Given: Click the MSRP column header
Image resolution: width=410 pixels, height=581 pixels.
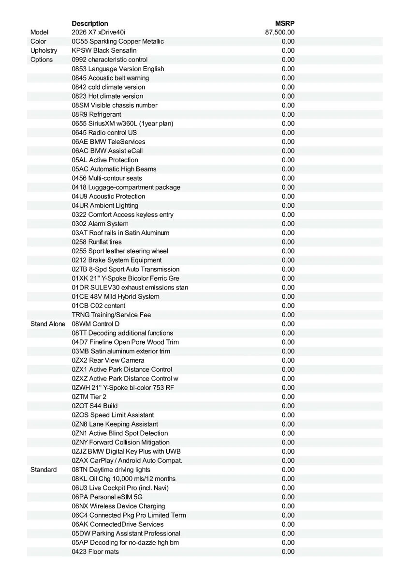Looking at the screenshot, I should [x=285, y=23].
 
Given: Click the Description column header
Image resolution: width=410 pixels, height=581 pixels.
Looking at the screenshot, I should [x=90, y=23].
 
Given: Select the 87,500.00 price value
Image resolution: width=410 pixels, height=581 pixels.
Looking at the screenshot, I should [x=280, y=32].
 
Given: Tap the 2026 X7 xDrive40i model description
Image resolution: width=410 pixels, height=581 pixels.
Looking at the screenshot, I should [x=98, y=32].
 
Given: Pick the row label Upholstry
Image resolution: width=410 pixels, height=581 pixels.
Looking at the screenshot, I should [x=44, y=50].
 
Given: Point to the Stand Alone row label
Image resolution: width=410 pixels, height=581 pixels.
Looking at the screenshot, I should [x=48, y=324].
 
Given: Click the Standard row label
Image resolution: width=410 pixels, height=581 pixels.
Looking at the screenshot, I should [x=44, y=470].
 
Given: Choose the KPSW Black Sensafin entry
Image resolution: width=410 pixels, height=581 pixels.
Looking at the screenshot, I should [x=104, y=50].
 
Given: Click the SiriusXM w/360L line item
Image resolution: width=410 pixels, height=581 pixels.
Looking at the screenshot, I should [x=122, y=123].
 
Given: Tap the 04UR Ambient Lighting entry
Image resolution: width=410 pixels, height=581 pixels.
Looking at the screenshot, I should [x=105, y=205].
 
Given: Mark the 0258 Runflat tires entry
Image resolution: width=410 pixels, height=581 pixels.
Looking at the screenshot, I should [x=97, y=242].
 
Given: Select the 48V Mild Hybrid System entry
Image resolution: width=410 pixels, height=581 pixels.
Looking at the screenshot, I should [x=116, y=297].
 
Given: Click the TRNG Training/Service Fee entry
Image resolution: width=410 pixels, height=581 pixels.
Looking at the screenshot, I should [x=111, y=315].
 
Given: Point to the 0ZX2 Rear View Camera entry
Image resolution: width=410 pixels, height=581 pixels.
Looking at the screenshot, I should [x=108, y=360].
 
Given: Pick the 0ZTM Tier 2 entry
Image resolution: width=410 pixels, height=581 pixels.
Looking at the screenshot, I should [x=89, y=397].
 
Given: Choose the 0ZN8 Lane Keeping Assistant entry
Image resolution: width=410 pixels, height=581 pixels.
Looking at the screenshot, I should [x=115, y=424].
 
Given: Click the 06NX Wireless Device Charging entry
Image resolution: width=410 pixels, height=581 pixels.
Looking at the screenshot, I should [x=118, y=506].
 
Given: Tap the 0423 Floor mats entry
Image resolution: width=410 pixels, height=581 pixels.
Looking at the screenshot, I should [x=95, y=551].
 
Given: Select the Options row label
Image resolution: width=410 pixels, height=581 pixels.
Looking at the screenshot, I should [x=42, y=60].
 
